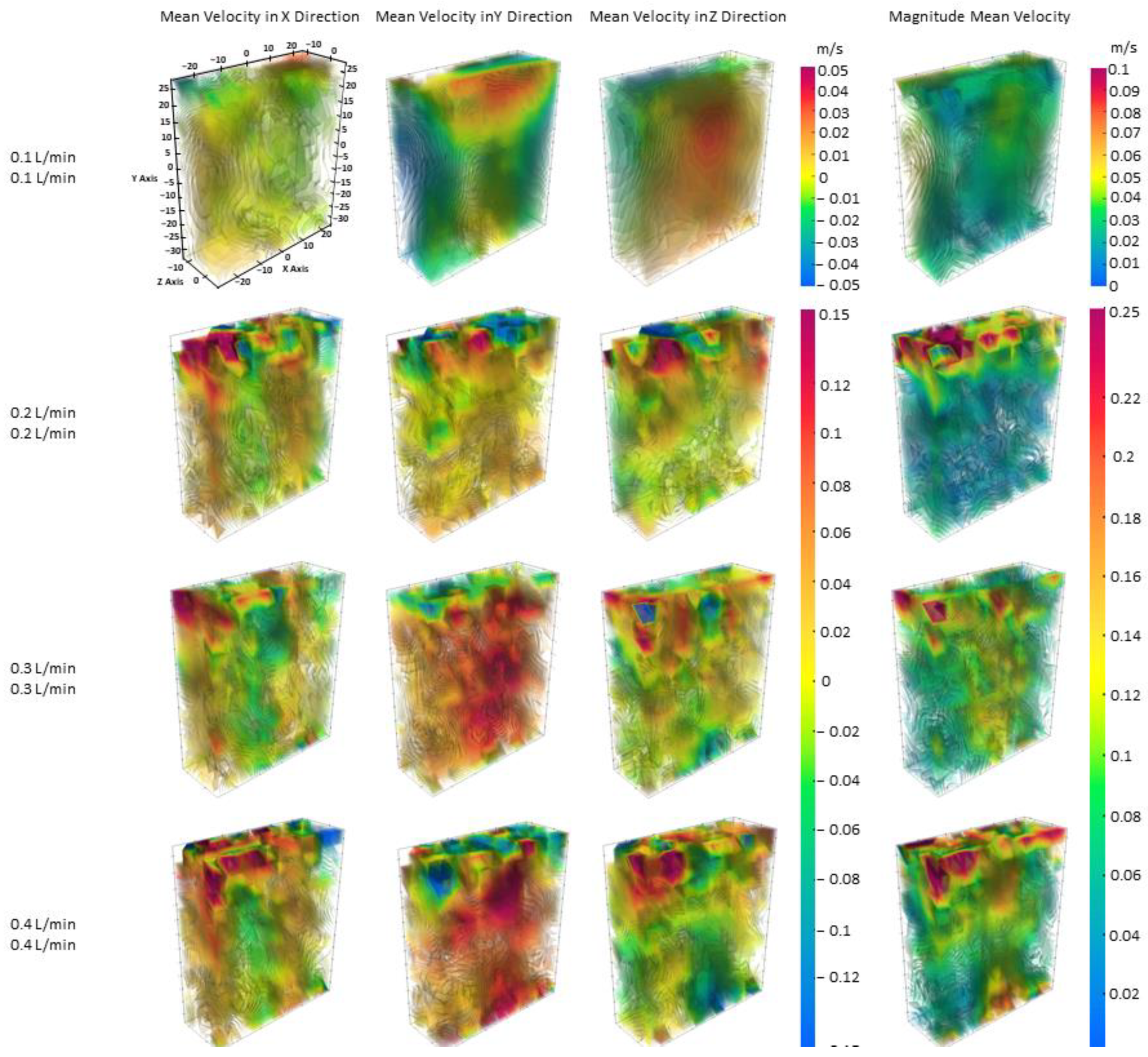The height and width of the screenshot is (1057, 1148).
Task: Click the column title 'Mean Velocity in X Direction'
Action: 259,17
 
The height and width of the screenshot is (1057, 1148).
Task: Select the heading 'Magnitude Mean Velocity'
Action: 979,17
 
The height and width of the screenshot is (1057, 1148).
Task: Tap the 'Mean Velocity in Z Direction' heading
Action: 688,17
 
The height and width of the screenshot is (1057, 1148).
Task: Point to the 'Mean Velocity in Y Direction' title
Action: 474,17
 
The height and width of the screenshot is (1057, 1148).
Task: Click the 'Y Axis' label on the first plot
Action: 144,178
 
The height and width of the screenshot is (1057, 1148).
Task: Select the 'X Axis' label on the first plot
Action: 295,268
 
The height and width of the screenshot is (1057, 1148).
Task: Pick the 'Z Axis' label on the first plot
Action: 170,282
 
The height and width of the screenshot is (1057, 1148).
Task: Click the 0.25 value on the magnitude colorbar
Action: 1124,313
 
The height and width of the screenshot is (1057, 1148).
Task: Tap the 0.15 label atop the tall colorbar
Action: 834,314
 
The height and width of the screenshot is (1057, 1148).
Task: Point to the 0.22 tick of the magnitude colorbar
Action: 1125,398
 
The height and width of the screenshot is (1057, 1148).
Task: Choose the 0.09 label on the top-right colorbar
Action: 1124,91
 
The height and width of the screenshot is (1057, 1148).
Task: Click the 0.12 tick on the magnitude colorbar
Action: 1125,695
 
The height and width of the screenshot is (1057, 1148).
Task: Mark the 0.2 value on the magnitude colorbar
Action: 1123,457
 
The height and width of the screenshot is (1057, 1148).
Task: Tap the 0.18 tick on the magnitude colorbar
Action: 1125,518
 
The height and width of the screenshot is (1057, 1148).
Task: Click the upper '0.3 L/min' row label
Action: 43,668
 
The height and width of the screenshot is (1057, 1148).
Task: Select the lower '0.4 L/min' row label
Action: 43,944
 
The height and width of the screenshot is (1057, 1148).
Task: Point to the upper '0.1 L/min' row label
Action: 43,157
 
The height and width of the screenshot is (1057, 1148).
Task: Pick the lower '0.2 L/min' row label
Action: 43,433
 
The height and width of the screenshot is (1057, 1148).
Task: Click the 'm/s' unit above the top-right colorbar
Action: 1123,48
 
